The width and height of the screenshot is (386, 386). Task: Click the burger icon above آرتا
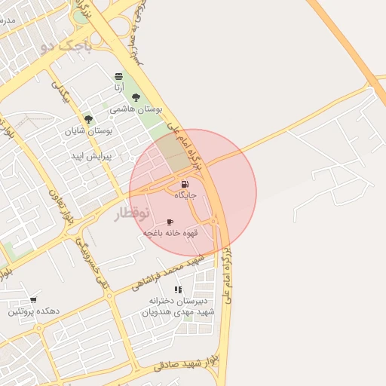(119, 76)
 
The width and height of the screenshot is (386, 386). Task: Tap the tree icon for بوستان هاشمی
(136, 97)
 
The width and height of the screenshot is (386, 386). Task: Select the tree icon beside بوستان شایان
(88, 119)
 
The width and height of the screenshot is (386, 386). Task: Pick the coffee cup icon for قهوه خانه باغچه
(170, 222)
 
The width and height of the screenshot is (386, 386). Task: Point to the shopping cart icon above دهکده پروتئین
(32, 289)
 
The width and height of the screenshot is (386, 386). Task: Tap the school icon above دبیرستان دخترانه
(178, 289)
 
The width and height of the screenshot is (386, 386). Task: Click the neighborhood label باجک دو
(66, 47)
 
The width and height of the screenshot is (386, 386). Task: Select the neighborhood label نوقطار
(133, 214)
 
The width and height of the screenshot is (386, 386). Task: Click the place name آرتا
(119, 88)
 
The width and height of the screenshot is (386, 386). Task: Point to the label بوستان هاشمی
(132, 109)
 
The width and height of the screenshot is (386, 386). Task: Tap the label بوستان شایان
(89, 131)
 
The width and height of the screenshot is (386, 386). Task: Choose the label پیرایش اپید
(91, 157)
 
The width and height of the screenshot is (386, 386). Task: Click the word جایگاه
(185, 195)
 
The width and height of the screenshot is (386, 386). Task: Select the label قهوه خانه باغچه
(171, 234)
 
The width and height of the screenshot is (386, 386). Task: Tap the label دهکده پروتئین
(33, 311)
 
